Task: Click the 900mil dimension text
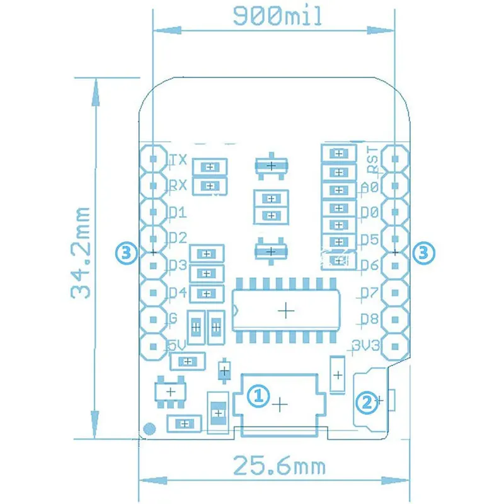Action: tap(277, 16)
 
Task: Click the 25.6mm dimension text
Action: tap(279, 467)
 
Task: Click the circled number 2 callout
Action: tap(367, 399)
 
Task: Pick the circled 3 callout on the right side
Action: tap(423, 253)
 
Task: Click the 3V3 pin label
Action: tap(367, 345)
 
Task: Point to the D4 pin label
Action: tap(178, 292)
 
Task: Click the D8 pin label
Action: tap(370, 319)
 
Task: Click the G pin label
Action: tap(173, 319)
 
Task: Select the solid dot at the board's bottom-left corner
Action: tap(149, 430)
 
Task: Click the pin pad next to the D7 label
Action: tap(396, 292)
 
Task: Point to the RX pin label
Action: tap(178, 186)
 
